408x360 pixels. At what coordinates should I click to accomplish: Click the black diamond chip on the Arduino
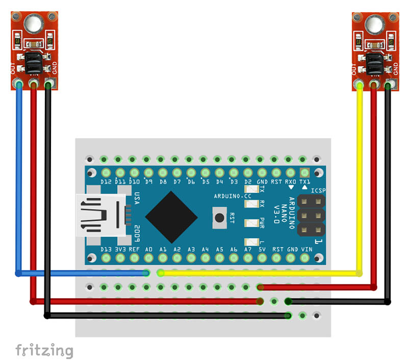[x=171, y=217]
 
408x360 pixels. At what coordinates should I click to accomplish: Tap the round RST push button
[x=220, y=218]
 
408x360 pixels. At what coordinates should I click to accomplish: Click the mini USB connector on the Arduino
[x=100, y=215]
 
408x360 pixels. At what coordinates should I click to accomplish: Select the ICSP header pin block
[x=311, y=216]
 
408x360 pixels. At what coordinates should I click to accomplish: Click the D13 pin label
[x=106, y=249]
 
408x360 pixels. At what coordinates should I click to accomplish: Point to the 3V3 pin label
[x=120, y=249]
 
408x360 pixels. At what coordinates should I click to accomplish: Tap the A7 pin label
[x=248, y=249]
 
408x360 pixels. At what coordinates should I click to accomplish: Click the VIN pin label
[x=306, y=249]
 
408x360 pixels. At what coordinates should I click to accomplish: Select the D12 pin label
[x=106, y=182]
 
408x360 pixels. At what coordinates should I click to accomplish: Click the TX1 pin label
[x=305, y=182]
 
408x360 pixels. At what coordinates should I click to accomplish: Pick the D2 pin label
[x=248, y=182]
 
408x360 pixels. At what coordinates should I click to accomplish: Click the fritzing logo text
[x=44, y=350]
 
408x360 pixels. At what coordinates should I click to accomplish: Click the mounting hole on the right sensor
[x=375, y=23]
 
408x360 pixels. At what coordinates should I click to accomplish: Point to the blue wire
[x=19, y=178]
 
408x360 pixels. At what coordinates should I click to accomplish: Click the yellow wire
[x=360, y=178]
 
